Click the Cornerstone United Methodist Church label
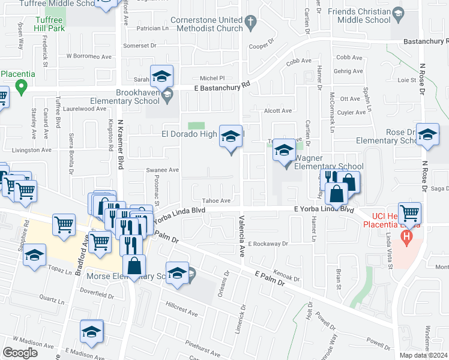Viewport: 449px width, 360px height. tap(206, 23)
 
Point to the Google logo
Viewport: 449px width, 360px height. tap(20, 353)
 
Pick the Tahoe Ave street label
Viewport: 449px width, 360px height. tap(217, 201)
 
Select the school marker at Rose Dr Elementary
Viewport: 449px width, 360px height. tap(427, 136)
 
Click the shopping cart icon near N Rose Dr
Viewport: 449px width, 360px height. tap(409, 212)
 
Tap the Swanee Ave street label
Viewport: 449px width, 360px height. tap(163, 170)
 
